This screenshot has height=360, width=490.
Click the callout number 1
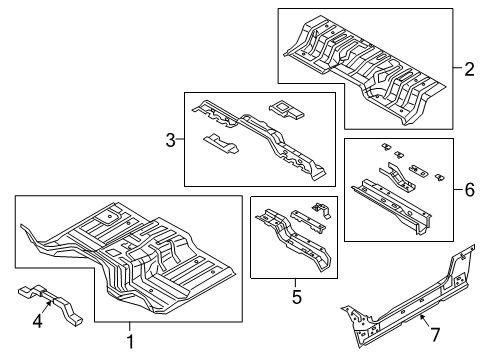[129, 341]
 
